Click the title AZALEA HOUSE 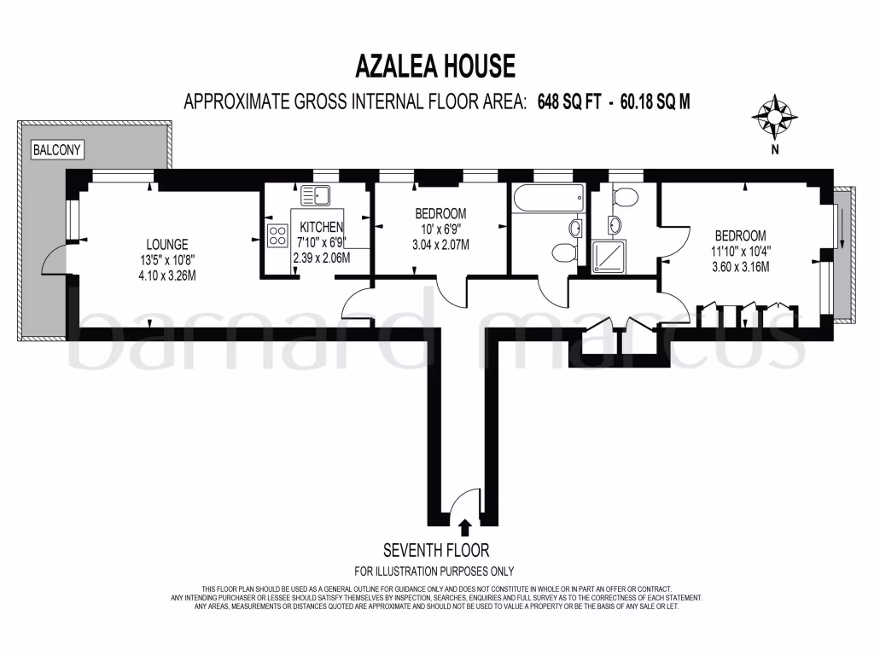[435, 66]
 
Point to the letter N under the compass [775, 151]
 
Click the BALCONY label [56, 150]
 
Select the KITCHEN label [321, 227]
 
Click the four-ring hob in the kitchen [278, 236]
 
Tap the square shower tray [608, 257]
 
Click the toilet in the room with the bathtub [563, 252]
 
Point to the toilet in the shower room [624, 197]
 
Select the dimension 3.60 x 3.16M [740, 266]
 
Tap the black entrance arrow [464, 527]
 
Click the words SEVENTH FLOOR [435, 550]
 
